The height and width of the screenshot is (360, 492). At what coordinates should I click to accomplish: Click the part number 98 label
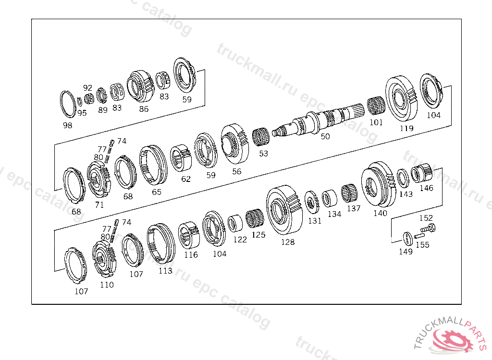[x=67, y=125]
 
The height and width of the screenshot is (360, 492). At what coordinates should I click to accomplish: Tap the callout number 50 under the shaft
[x=325, y=136]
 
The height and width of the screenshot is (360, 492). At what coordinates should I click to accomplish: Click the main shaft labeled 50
[x=318, y=121]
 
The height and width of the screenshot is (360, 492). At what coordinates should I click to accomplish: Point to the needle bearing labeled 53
[x=260, y=137]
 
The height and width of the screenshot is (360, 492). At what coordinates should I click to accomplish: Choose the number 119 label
[x=406, y=128]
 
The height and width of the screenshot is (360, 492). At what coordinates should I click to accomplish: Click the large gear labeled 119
[x=401, y=98]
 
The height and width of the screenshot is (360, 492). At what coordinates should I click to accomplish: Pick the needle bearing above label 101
[x=376, y=106]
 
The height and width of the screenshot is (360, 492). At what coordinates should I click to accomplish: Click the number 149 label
[x=406, y=252]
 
